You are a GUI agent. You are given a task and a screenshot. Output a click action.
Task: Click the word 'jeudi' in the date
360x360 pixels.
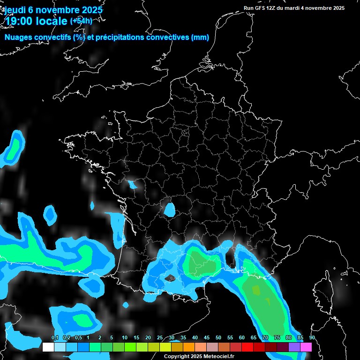pyautogui.click(x=15, y=10)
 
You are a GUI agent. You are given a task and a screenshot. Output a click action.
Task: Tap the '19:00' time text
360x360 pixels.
pyautogui.click(x=20, y=21)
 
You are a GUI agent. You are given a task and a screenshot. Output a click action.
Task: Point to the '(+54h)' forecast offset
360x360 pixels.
pyautogui.click(x=81, y=21)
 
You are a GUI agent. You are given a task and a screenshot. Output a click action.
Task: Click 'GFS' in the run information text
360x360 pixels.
pyautogui.click(x=259, y=8)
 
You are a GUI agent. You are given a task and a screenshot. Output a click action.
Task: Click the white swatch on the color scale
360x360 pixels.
pyautogui.click(x=48, y=347)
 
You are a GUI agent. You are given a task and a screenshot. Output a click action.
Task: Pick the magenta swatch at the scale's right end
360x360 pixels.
pyautogui.click(x=306, y=347)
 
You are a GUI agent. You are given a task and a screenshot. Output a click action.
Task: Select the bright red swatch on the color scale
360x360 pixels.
pyautogui.click(x=247, y=347)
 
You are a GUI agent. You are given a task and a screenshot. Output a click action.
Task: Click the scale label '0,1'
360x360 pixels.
pyautogui.click(x=55, y=338)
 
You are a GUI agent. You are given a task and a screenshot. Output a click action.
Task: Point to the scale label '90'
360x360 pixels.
pyautogui.click(x=312, y=338)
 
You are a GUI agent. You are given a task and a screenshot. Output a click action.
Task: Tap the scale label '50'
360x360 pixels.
pyautogui.click(x=218, y=338)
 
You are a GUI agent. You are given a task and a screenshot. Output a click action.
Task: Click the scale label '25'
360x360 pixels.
pyautogui.click(x=160, y=338)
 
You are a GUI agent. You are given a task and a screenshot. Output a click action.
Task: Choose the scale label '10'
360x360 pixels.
pyautogui.click(x=125, y=338)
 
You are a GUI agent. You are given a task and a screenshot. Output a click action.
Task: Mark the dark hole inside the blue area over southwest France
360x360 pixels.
pyautogui.click(x=171, y=278)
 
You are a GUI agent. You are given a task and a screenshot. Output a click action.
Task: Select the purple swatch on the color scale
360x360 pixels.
pyautogui.click(x=294, y=347)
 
